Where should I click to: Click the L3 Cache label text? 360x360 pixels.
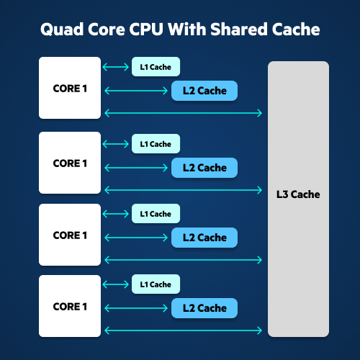click(298, 194)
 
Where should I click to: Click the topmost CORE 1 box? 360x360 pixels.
click(70, 89)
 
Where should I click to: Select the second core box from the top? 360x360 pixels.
click(70, 163)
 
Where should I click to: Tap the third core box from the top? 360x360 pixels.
click(70, 235)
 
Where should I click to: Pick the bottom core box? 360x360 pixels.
click(70, 306)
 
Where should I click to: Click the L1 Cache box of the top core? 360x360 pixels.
click(156, 67)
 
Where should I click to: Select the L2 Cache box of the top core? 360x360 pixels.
click(204, 91)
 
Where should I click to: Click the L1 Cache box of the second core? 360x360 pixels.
click(156, 143)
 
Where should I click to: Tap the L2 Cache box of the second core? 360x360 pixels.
click(204, 168)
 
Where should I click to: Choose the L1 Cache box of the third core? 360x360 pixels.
click(156, 213)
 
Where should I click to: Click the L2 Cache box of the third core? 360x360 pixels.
click(204, 238)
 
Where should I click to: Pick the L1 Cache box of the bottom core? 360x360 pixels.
click(156, 284)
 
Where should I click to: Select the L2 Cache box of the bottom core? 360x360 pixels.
click(204, 308)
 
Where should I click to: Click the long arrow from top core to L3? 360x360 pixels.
click(184, 112)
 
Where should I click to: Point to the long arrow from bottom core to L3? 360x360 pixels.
click(184, 330)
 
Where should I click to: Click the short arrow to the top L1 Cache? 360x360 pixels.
click(115, 67)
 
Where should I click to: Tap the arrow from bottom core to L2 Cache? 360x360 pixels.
click(136, 308)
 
